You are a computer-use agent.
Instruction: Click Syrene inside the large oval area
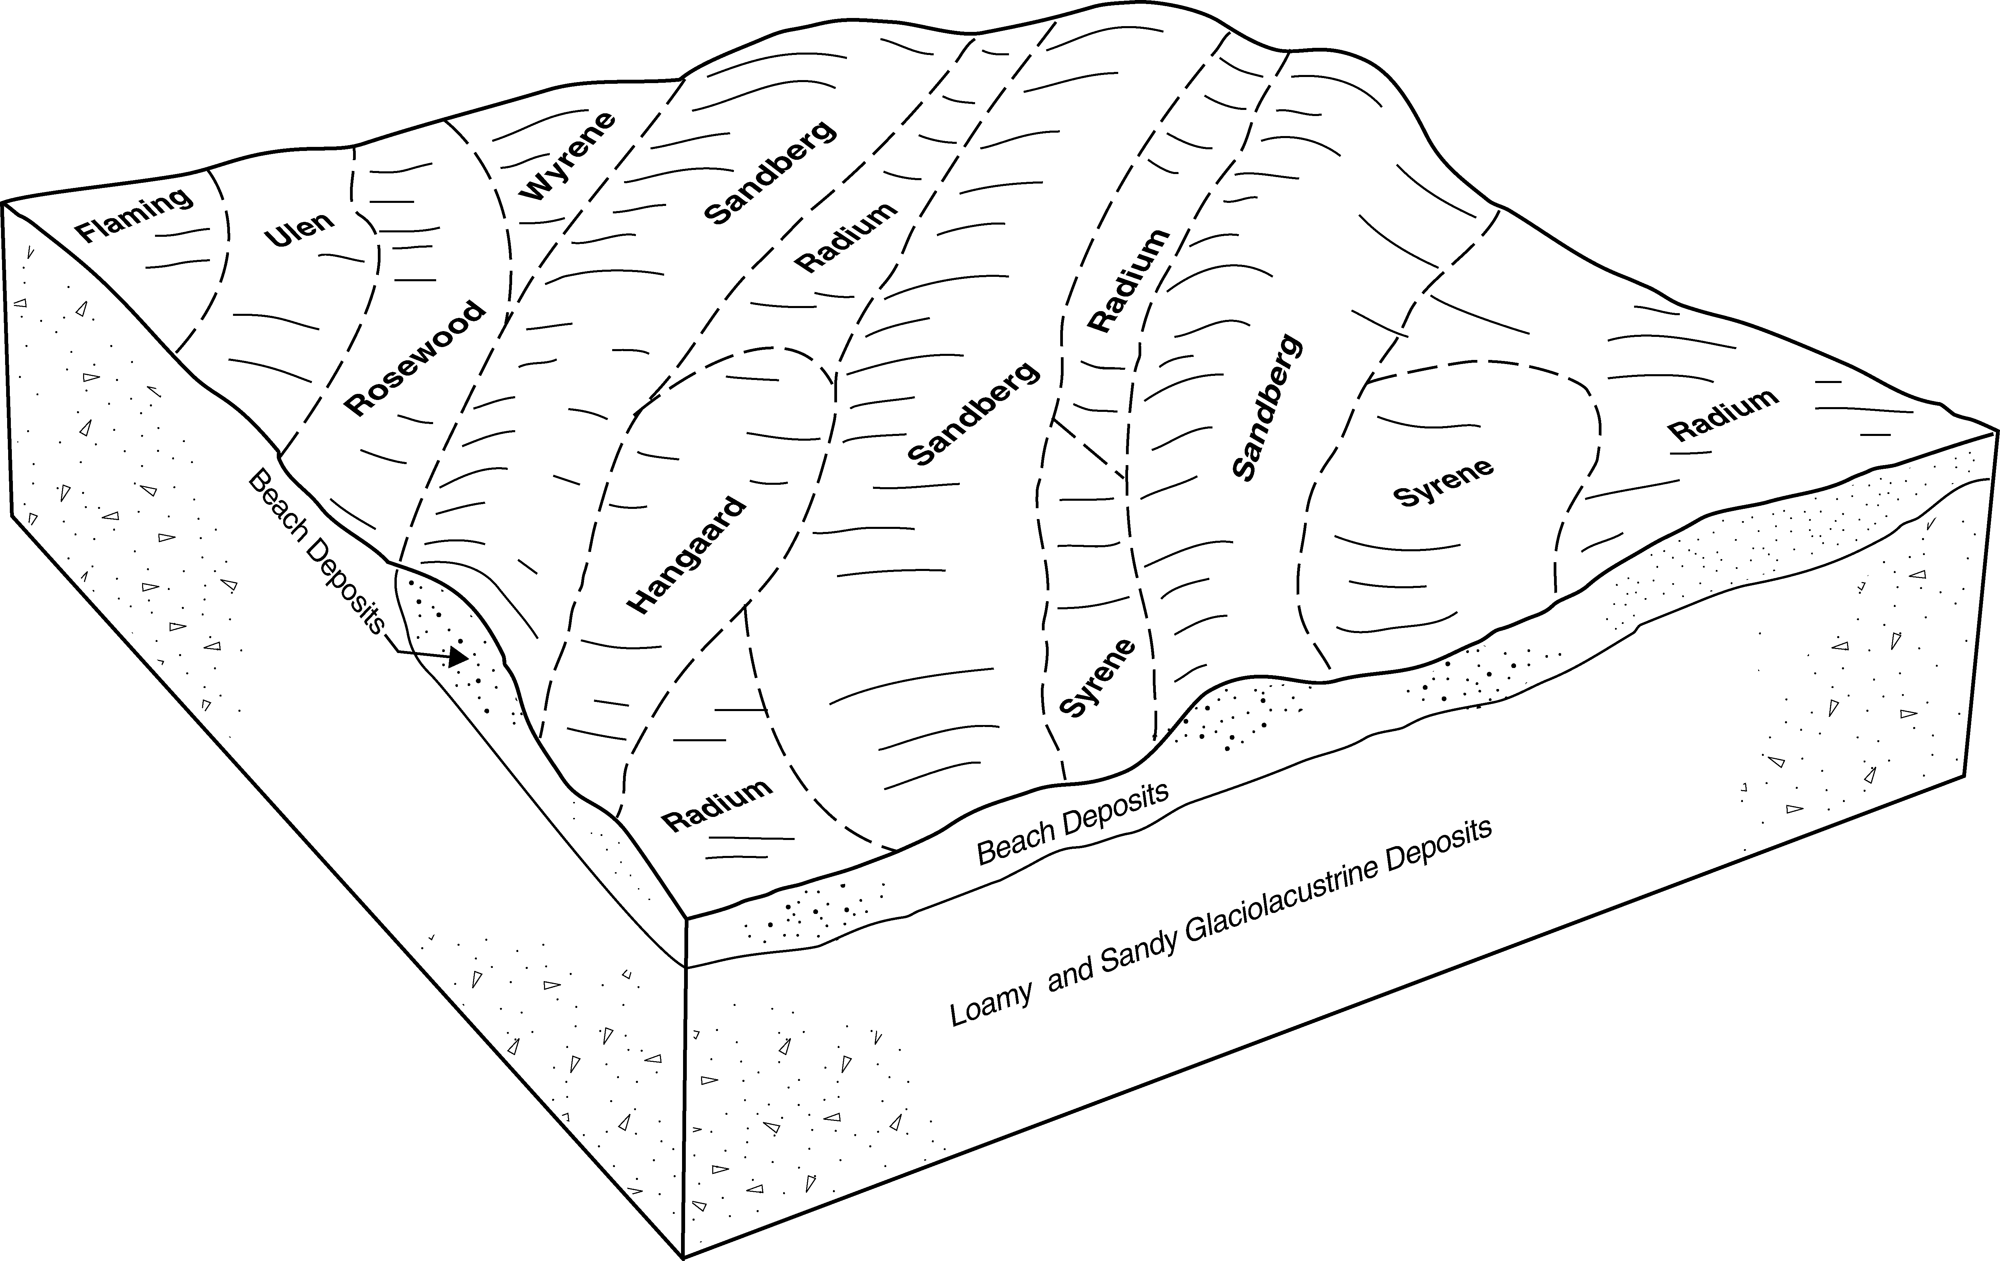1443,483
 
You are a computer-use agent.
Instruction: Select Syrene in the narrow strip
1097,678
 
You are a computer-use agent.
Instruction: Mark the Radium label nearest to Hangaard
718,805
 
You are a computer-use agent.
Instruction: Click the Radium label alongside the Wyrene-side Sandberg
846,237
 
